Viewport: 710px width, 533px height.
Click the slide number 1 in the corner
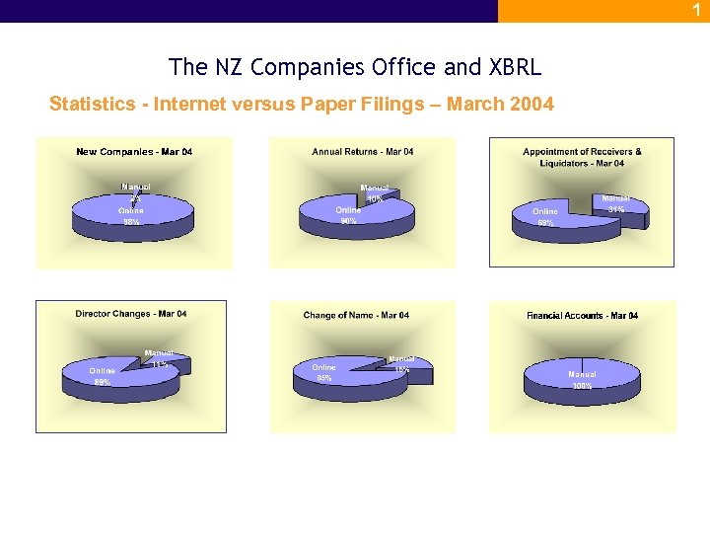tap(695, 9)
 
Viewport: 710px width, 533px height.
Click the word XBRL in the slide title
tap(514, 67)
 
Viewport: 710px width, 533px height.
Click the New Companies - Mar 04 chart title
tap(134, 152)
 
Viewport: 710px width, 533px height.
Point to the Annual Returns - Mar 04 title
tap(363, 152)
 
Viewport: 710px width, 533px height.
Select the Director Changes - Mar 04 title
tap(131, 314)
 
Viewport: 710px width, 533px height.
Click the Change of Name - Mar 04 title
tap(356, 315)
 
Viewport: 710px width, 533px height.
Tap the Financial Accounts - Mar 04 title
tap(582, 316)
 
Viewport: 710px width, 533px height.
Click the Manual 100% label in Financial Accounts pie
tap(582, 380)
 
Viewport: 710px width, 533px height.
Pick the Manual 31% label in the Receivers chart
tap(616, 203)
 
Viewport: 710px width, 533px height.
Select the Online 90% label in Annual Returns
tap(348, 215)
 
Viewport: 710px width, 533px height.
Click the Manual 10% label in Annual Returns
tap(375, 193)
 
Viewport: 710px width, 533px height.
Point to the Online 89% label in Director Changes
tap(102, 376)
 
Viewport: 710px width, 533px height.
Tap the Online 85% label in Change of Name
tap(323, 372)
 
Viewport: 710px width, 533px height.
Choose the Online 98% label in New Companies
tap(131, 216)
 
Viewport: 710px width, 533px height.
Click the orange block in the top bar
tap(603, 10)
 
